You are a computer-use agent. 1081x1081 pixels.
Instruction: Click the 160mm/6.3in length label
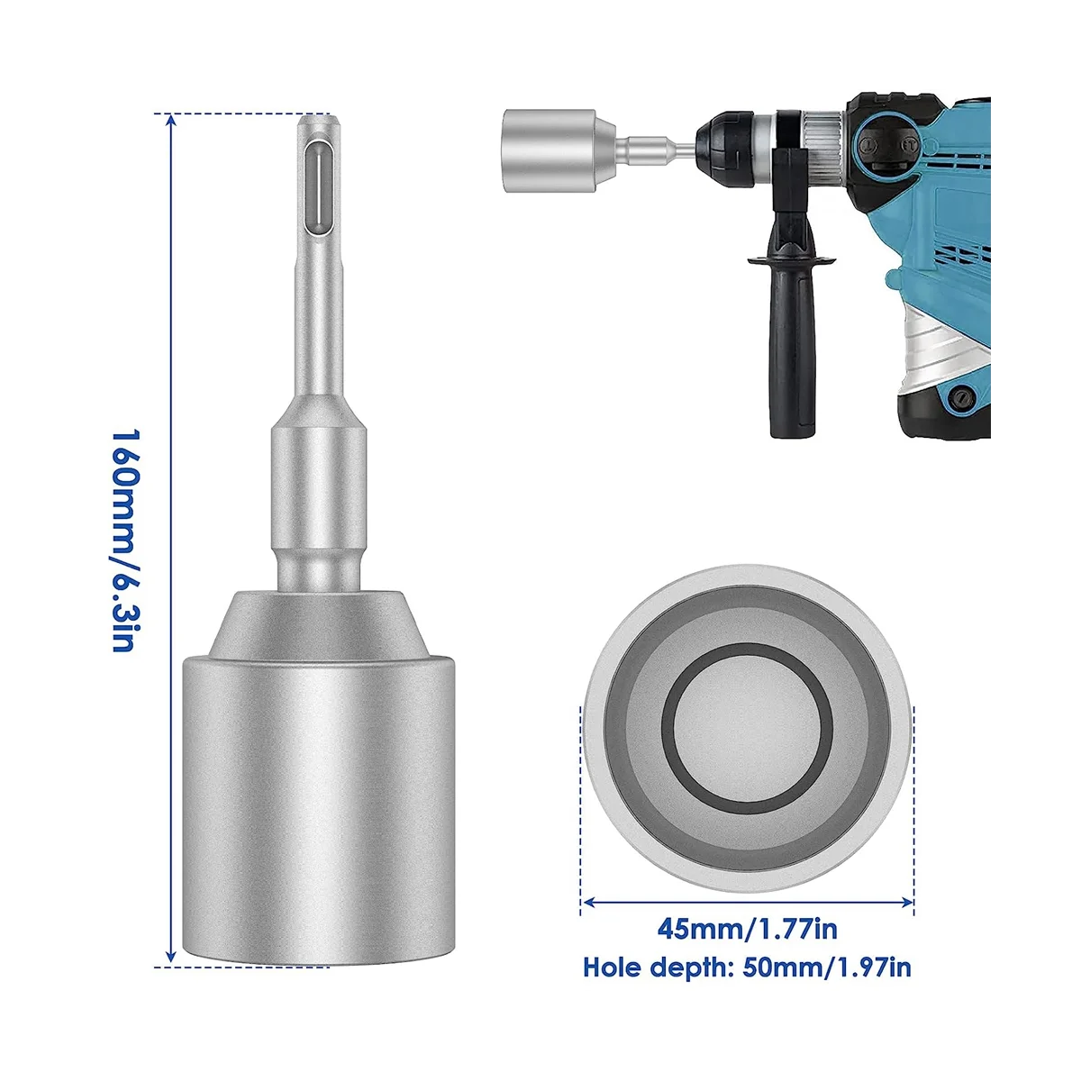tap(124, 540)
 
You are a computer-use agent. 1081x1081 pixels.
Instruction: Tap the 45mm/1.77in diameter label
tap(747, 929)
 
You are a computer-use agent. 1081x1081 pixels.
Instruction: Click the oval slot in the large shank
tap(317, 189)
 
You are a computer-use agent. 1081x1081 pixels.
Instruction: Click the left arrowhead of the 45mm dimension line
tap(589, 902)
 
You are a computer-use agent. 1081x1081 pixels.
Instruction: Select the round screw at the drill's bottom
tap(961, 398)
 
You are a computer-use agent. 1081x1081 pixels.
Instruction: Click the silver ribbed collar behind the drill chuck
tap(822, 143)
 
